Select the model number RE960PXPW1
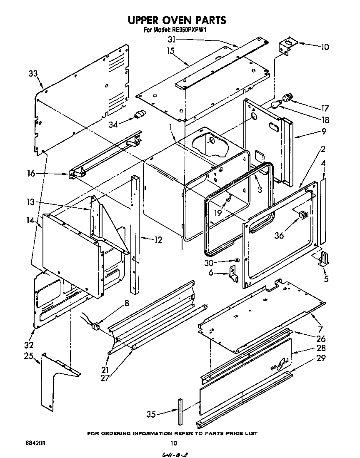pyautogui.click(x=189, y=30)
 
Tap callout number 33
pyautogui.click(x=33, y=74)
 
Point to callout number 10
pyautogui.click(x=325, y=47)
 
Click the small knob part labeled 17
pyautogui.click(x=287, y=98)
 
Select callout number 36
pyautogui.click(x=279, y=235)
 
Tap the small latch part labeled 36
pyautogui.click(x=303, y=215)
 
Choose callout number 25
pyautogui.click(x=28, y=356)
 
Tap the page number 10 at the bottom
pyautogui.click(x=174, y=443)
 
